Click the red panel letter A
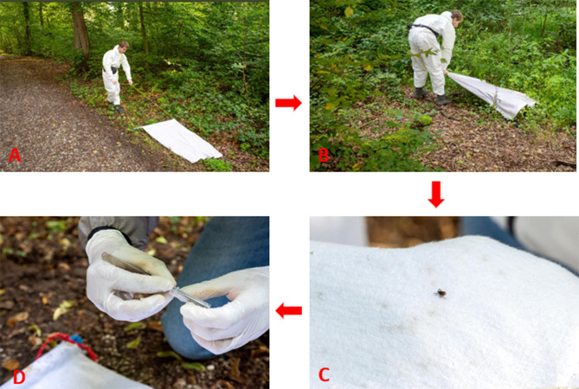point(15,156)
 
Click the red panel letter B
point(324,156)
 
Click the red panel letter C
point(324,375)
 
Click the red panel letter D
point(19,378)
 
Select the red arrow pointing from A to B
point(288,103)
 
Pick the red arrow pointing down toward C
point(436,194)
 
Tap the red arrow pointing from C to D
point(289,310)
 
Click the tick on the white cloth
point(441,293)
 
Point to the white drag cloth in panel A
point(181,141)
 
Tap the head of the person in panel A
point(124,46)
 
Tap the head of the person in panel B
point(457,17)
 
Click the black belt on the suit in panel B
point(424,28)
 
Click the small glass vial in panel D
point(190,297)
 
